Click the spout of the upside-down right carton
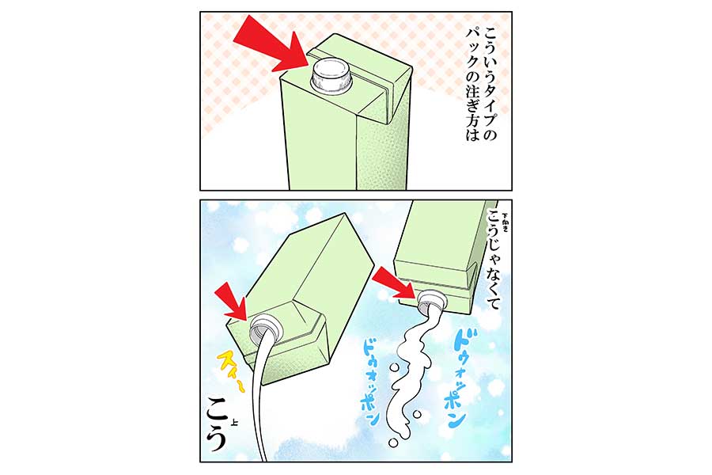[433, 302]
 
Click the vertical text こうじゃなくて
[492, 261]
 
